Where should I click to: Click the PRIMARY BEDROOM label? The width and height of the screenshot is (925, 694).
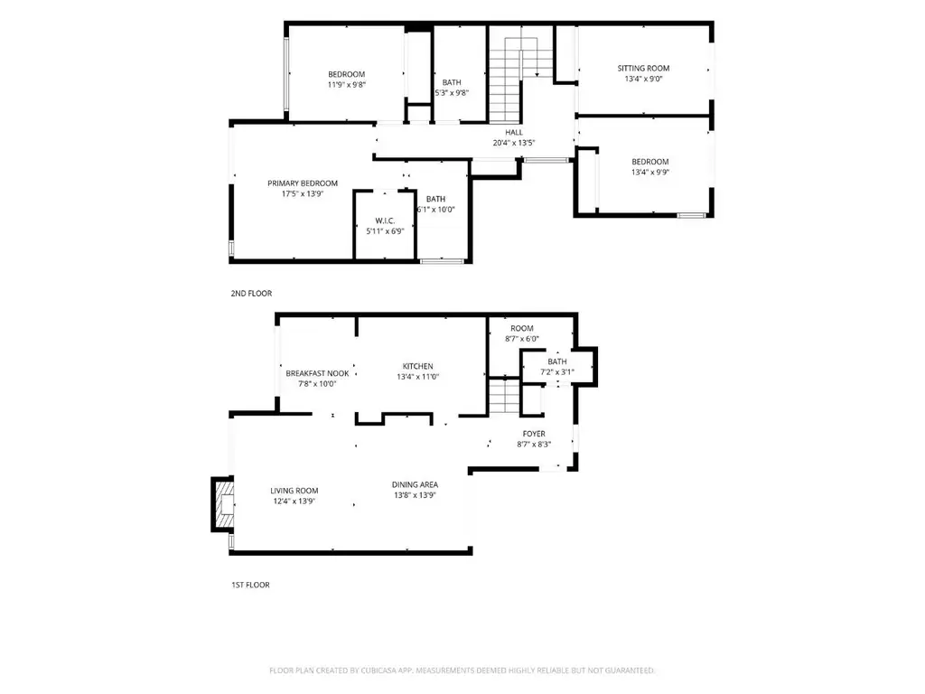[303, 183]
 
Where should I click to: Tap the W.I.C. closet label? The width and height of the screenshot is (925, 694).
[385, 220]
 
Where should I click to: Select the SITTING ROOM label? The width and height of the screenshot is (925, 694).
[643, 68]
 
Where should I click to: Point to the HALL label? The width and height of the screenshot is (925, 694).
[514, 132]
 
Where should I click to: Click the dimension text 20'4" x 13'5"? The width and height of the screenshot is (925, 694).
[514, 143]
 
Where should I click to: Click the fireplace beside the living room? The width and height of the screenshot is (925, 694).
[223, 504]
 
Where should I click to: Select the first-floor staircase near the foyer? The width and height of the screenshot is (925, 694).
[504, 397]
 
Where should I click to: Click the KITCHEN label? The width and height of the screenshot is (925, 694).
[417, 366]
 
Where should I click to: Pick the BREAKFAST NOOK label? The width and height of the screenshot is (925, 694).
[317, 373]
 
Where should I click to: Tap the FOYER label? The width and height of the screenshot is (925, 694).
[534, 434]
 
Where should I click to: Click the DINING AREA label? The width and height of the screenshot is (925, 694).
[415, 484]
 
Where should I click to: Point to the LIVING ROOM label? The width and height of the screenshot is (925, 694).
[294, 491]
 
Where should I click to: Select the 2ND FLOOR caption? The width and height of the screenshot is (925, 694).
[251, 294]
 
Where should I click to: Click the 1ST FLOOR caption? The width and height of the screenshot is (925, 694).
[250, 585]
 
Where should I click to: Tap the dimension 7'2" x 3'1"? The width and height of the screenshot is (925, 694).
[557, 372]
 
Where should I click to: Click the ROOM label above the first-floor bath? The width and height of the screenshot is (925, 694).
[522, 328]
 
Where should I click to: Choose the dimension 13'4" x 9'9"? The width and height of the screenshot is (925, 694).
[650, 173]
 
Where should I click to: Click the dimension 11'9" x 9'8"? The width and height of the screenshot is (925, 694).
[347, 85]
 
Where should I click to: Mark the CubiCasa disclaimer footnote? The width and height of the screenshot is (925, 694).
[462, 671]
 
